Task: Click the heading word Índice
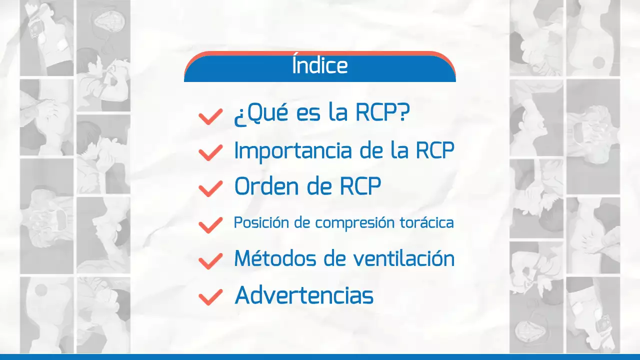tap(319, 66)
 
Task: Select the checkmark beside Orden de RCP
tap(210, 188)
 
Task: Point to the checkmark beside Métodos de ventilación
tap(210, 260)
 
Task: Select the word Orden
tap(261, 187)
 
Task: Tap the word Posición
tap(261, 223)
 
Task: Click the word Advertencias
tap(304, 295)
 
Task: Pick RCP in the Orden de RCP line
tap(360, 187)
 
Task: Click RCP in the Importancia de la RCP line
tap(435, 151)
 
